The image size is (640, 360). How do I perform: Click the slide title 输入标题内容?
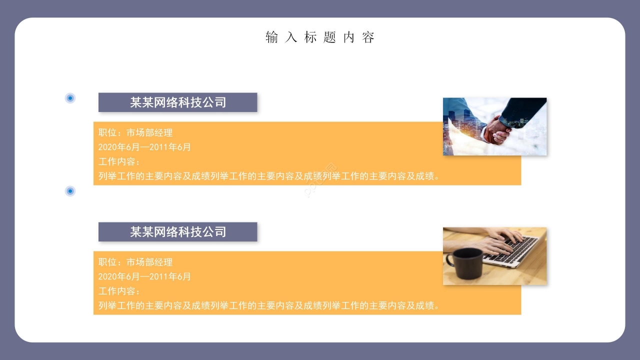pos(320,37)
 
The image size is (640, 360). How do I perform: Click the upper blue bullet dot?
pos(70,98)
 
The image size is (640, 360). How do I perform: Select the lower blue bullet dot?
pos(70,191)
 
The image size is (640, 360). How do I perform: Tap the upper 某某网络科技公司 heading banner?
pos(177,102)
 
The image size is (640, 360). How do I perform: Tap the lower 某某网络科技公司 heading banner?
pos(177,232)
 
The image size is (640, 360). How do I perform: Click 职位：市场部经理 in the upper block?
pos(135,133)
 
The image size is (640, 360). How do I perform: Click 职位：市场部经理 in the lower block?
pos(135,262)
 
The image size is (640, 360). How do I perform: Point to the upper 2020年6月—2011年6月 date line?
pos(144,147)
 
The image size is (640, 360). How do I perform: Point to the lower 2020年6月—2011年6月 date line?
pos(144,277)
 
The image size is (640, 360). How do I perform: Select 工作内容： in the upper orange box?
pos(119,162)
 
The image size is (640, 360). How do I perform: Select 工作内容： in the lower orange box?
pos(119,291)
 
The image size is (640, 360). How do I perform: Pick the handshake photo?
pos(494,126)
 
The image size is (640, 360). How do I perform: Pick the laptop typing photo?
pos(494,256)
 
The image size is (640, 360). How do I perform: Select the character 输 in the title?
pos(271,37)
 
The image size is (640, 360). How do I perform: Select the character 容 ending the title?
pos(369,37)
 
